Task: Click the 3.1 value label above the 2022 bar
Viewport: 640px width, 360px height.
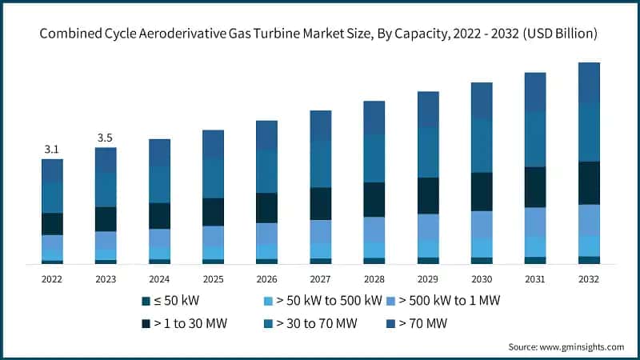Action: click(52, 150)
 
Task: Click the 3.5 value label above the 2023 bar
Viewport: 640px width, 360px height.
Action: click(106, 138)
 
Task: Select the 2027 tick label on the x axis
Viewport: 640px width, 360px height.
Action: click(321, 279)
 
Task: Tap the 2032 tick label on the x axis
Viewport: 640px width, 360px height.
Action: click(589, 279)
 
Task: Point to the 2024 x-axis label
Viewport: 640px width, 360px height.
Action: click(159, 279)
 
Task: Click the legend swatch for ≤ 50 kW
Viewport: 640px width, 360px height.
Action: click(145, 301)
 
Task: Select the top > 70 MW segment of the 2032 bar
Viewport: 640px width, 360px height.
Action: click(589, 82)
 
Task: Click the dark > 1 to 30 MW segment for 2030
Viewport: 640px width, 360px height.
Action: click(482, 191)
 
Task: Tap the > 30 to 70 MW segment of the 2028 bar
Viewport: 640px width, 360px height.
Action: click(374, 158)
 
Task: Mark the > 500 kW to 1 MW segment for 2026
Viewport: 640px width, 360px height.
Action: click(266, 233)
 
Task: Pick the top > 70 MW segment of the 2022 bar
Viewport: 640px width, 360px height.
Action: click(52, 170)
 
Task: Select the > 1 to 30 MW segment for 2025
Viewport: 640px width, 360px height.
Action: click(213, 212)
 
